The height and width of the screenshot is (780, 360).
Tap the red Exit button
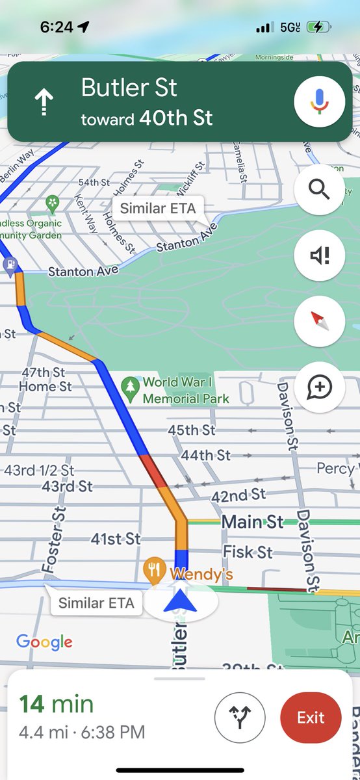(x=311, y=718)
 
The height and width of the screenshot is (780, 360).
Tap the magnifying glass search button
(x=319, y=190)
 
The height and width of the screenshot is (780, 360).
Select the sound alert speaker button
(x=319, y=255)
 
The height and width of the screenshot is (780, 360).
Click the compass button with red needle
(x=319, y=321)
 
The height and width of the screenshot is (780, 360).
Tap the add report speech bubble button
(x=319, y=387)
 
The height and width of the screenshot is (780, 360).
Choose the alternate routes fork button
(x=240, y=718)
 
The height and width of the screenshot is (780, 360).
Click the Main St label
(x=253, y=521)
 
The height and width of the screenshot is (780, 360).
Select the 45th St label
(x=191, y=430)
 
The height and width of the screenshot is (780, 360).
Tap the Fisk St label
(x=248, y=552)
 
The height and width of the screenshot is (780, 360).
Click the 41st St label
(x=116, y=539)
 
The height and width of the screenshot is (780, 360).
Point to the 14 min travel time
(x=56, y=704)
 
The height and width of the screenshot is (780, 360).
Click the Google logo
(x=44, y=642)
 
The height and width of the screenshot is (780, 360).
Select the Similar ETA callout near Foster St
(x=96, y=603)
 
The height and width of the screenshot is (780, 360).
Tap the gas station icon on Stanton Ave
(x=10, y=266)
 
